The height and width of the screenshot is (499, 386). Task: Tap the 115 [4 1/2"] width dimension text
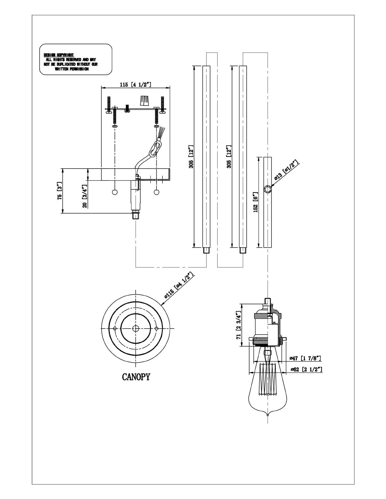pos(136,84)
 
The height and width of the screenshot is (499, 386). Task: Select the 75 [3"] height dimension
pos(60,191)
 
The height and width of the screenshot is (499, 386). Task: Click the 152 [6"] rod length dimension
pos(256,202)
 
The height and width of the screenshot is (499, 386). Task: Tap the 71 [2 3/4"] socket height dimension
pos(238,325)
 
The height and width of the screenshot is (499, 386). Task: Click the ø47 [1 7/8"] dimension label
pos(306,358)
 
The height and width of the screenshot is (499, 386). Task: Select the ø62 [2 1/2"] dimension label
pos(306,370)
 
